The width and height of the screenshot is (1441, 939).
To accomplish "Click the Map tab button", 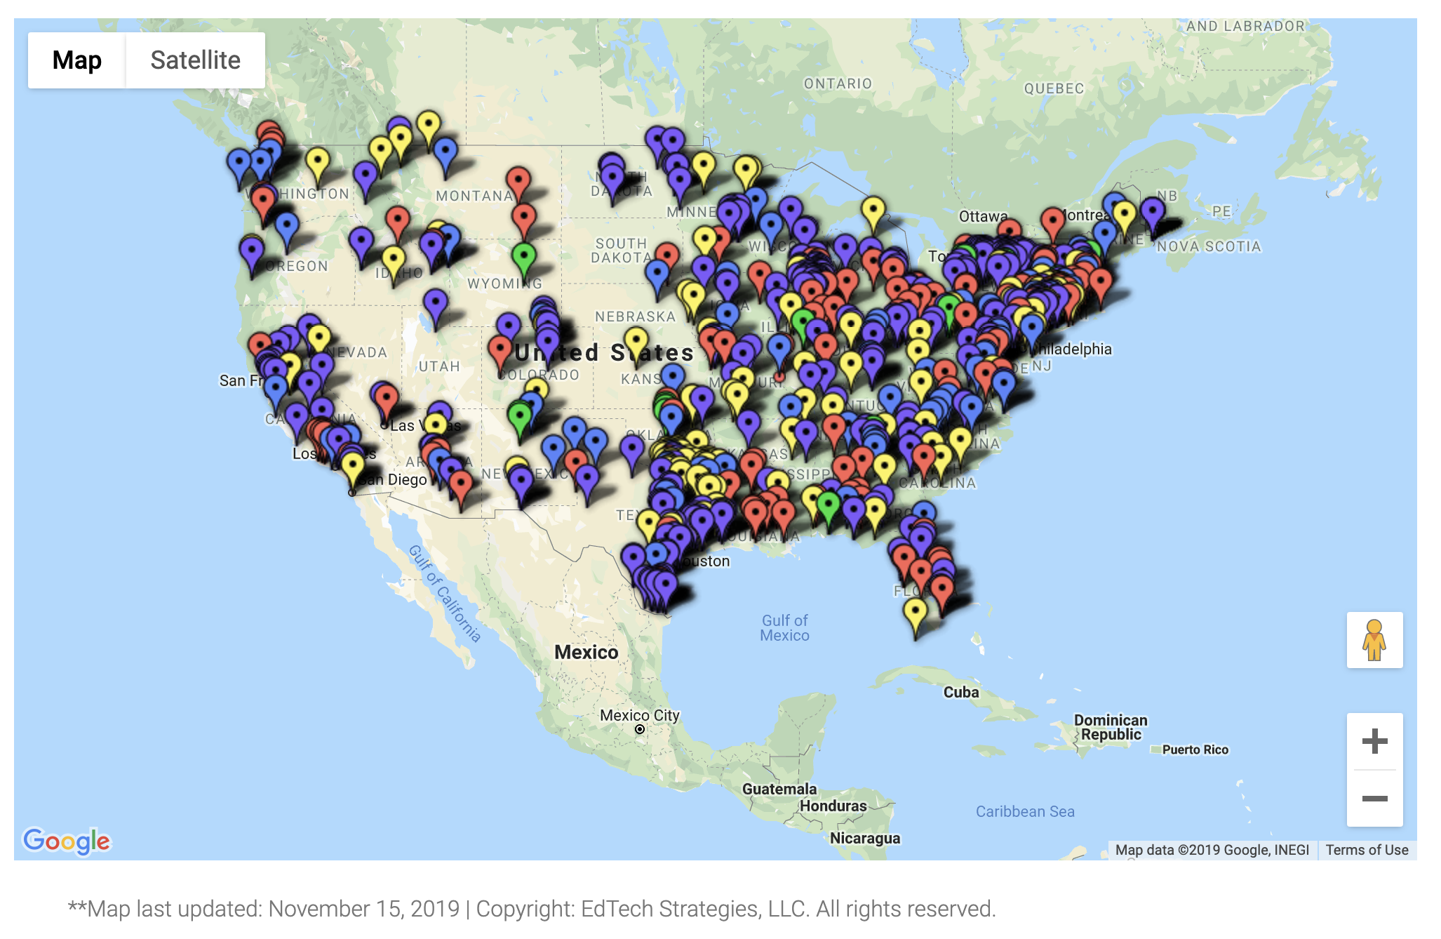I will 77,60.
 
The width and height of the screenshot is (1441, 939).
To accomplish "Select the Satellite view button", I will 195,60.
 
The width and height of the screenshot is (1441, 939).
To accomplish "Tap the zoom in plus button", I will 1374,741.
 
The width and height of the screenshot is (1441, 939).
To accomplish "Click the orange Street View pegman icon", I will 1374,639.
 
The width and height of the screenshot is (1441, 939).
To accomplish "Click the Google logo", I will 67,840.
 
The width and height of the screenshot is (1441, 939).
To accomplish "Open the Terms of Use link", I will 1367,850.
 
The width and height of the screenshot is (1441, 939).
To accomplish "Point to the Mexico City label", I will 640,716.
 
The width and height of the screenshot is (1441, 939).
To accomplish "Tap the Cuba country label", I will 960,692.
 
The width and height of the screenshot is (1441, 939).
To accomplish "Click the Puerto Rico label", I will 1195,750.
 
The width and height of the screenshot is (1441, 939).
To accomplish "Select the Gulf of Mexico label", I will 785,628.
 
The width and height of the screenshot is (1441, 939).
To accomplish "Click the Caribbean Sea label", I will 1025,811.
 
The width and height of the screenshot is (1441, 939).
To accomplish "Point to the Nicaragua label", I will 865,838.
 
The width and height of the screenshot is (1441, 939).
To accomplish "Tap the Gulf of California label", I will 445,594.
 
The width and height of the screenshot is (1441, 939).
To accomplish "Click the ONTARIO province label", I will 838,84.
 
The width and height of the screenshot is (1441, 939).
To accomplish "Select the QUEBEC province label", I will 1054,88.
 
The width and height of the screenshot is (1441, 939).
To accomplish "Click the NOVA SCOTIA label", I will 1209,246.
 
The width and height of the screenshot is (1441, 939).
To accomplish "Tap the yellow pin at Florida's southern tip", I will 915,612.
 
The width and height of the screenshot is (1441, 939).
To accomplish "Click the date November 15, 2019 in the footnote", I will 363,909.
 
